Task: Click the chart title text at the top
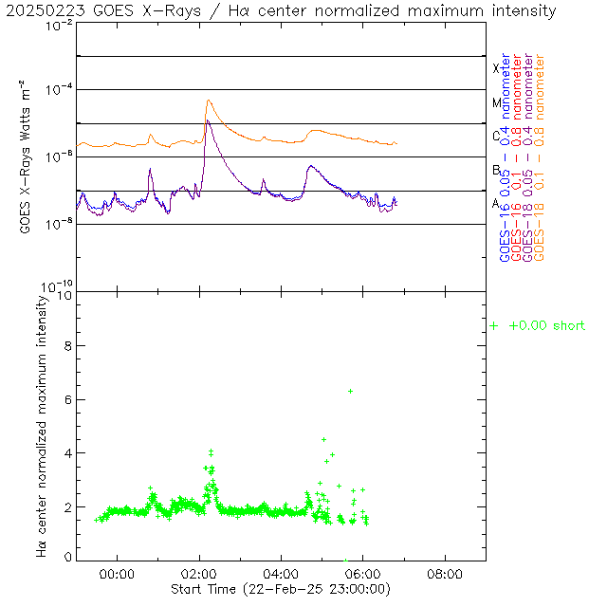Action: [282, 10]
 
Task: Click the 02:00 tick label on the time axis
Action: [199, 574]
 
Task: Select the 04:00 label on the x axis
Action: [282, 574]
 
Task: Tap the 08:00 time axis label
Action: [446, 574]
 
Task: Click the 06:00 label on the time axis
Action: [363, 574]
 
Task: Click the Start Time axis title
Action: [281, 589]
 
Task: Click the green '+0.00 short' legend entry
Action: [538, 325]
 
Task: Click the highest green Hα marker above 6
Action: [350, 391]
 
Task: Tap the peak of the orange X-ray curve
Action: [208, 101]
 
